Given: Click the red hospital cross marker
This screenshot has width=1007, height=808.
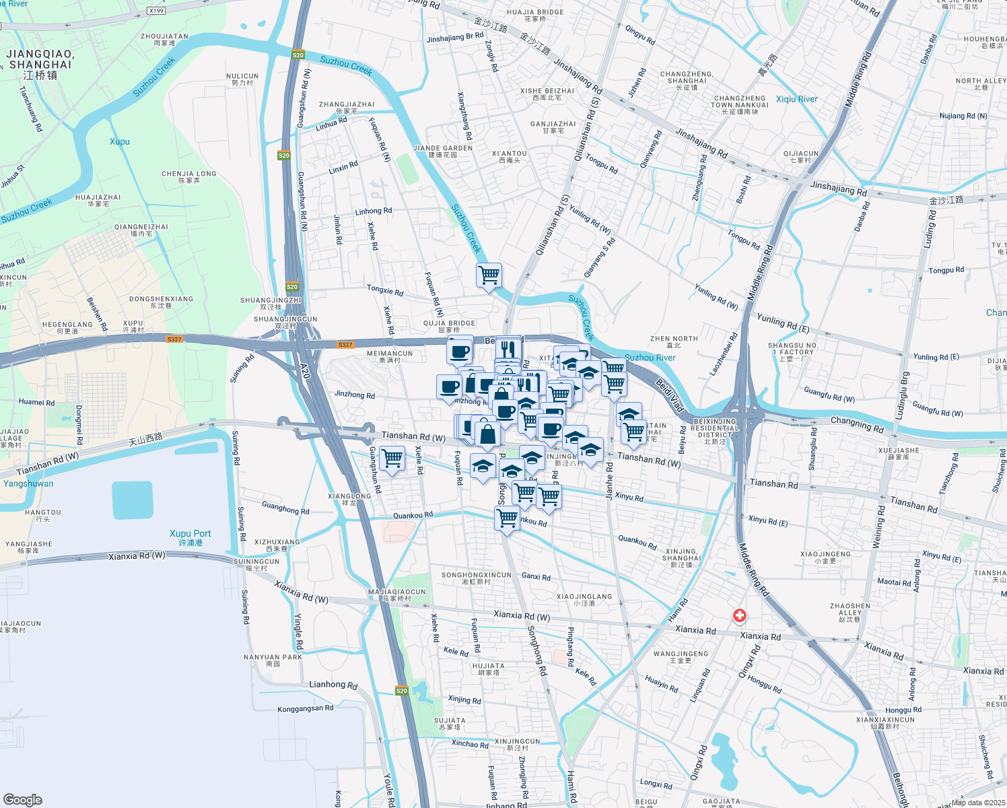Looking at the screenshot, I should click(x=739, y=615).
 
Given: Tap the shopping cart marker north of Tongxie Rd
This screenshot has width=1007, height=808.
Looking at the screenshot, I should click(x=489, y=275).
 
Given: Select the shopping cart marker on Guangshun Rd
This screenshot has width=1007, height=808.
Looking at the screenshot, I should click(x=392, y=459).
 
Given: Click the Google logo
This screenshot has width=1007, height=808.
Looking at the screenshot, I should click(x=22, y=799).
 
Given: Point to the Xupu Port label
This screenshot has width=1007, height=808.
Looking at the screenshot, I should click(x=190, y=537).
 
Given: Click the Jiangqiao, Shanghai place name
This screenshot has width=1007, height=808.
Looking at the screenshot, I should click(x=40, y=64).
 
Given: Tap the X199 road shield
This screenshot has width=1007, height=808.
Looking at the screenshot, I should click(x=155, y=11).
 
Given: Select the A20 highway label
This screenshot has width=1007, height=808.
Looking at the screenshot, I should click(x=304, y=370).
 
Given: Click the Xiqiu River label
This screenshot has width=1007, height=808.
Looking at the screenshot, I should click(x=796, y=99).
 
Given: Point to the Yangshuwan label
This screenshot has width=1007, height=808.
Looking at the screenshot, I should click(x=28, y=483).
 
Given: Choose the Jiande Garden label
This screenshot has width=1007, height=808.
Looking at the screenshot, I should click(x=443, y=151).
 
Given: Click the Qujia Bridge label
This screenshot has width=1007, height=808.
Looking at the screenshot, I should click(x=449, y=326).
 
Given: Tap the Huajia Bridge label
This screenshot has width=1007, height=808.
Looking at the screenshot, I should click(x=535, y=15).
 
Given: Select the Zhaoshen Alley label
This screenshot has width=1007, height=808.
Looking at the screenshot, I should click(x=849, y=612).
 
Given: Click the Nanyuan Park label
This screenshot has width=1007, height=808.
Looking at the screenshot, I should click(x=273, y=660).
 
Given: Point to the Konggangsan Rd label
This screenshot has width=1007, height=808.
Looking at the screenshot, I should click(x=305, y=708).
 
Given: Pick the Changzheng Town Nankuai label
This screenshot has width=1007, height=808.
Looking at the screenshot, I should click(x=740, y=104).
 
